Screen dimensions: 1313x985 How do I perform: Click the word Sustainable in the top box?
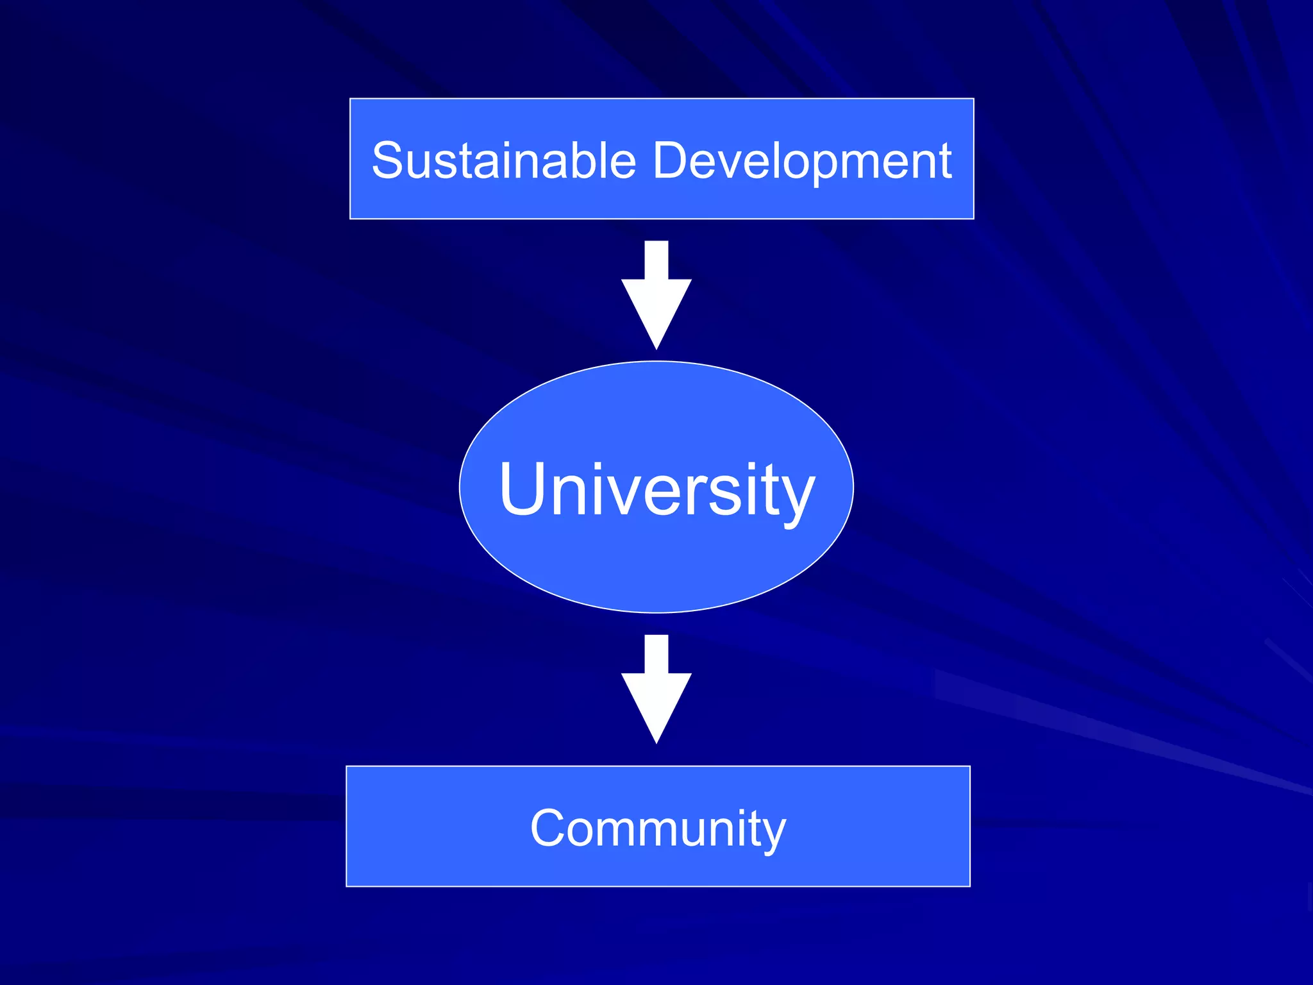(504, 160)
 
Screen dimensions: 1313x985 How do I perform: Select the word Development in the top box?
(801, 160)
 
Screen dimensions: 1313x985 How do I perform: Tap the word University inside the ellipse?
(656, 490)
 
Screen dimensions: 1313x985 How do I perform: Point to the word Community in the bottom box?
(658, 829)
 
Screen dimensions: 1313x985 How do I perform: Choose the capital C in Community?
(549, 829)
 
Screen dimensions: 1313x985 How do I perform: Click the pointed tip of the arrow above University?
(656, 346)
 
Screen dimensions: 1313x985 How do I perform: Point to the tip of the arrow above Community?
(656, 740)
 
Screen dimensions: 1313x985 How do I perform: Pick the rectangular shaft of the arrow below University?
(656, 654)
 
